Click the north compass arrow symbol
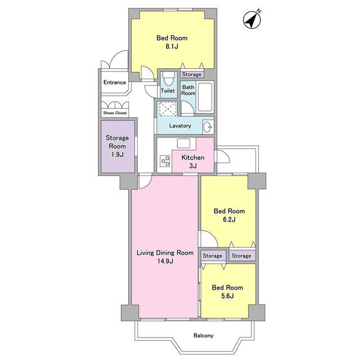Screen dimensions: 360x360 [252, 20]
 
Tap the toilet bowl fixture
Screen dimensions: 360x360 [169, 79]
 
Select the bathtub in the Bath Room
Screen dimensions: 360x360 [205, 97]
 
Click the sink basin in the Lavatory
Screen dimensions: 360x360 [208, 127]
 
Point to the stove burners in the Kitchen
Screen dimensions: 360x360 [165, 161]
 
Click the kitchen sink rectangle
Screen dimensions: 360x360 [183, 143]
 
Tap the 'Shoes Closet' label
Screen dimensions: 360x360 [115, 113]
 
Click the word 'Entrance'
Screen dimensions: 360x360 [115, 82]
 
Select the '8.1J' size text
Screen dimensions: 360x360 [172, 47]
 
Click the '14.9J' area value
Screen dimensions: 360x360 [165, 261]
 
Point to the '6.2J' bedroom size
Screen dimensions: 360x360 [229, 219]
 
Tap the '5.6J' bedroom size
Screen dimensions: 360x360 [227, 296]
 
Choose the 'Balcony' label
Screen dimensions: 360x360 [204, 336]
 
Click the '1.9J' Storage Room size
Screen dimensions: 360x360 [118, 155]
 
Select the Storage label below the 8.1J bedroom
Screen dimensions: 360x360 [192, 74]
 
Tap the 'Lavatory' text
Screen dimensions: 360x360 [180, 126]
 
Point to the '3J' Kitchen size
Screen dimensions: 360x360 [193, 166]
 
